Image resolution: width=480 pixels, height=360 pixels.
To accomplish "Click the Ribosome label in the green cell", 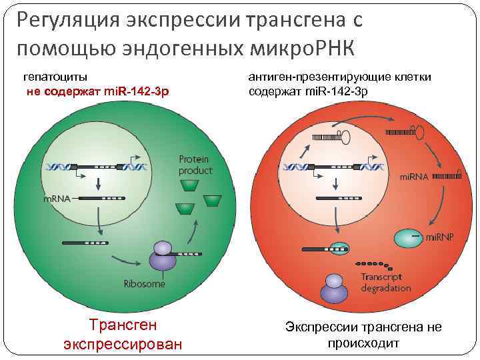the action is coord(144,284).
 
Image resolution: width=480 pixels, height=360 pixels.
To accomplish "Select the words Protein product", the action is coord(195,165).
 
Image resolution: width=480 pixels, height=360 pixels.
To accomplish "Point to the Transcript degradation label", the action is coord(385,282).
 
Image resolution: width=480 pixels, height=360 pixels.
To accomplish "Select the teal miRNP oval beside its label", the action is coord(407,237).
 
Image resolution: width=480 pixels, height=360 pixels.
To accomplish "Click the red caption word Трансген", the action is coord(123,325).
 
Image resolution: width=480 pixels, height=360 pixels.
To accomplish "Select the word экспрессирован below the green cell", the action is coord(123,345).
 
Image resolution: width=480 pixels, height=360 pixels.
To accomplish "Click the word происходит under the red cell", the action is coord(363,344).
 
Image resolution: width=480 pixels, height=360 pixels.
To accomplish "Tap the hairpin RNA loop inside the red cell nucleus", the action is coord(347,137).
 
